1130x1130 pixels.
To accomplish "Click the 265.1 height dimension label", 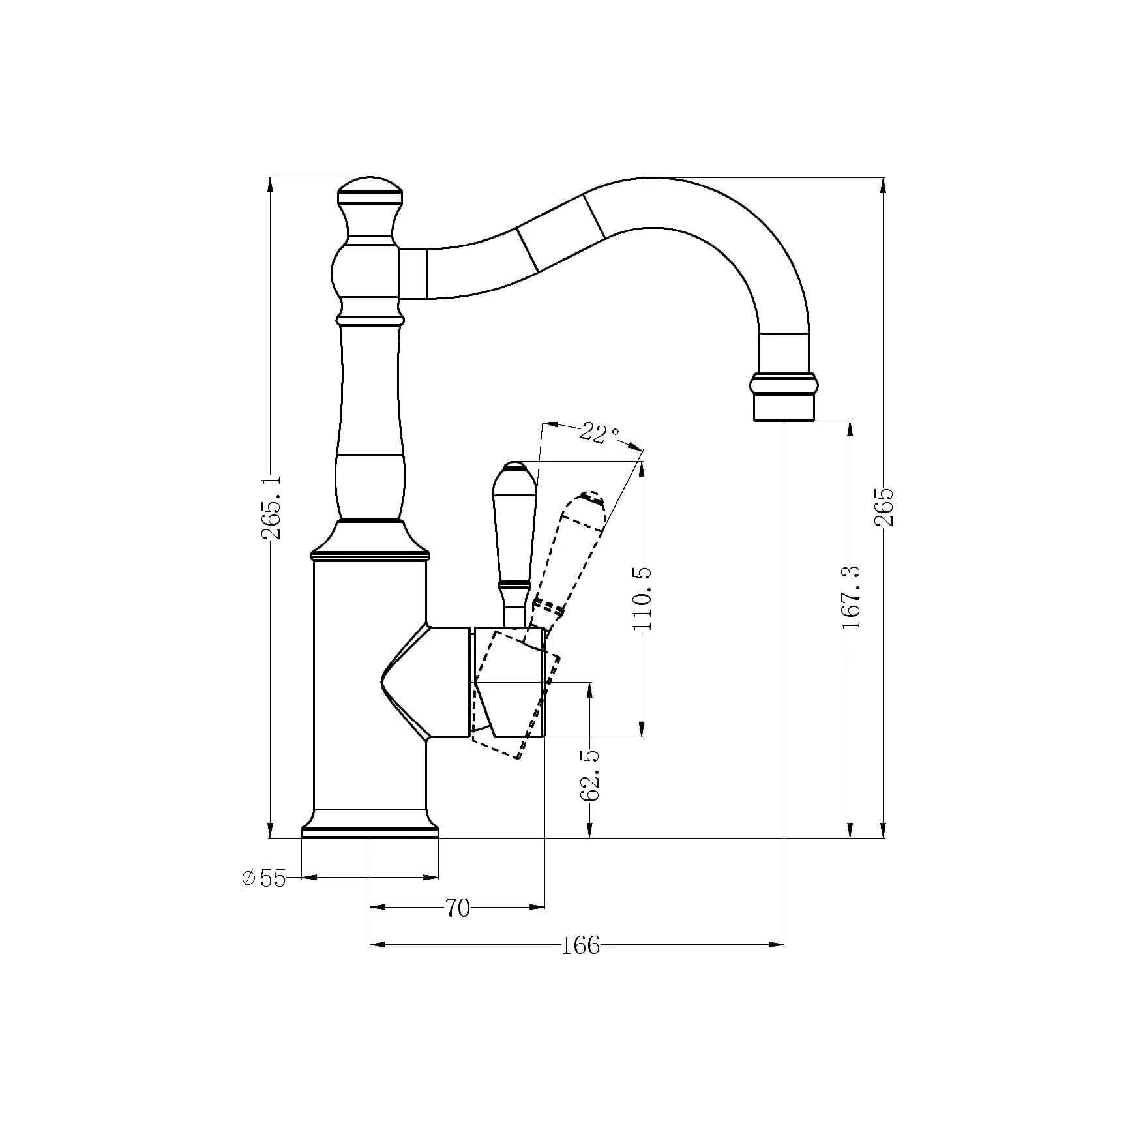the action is pos(271,507).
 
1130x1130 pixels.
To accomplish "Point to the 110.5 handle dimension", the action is pos(642,598).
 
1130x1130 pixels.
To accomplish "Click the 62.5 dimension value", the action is pos(590,775).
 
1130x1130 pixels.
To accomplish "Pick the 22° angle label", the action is pos(599,433).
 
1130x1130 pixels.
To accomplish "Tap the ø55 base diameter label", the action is pos(263,878).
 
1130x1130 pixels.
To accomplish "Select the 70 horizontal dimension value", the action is pos(457,908).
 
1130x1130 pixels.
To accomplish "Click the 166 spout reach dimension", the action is pos(580,945).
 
